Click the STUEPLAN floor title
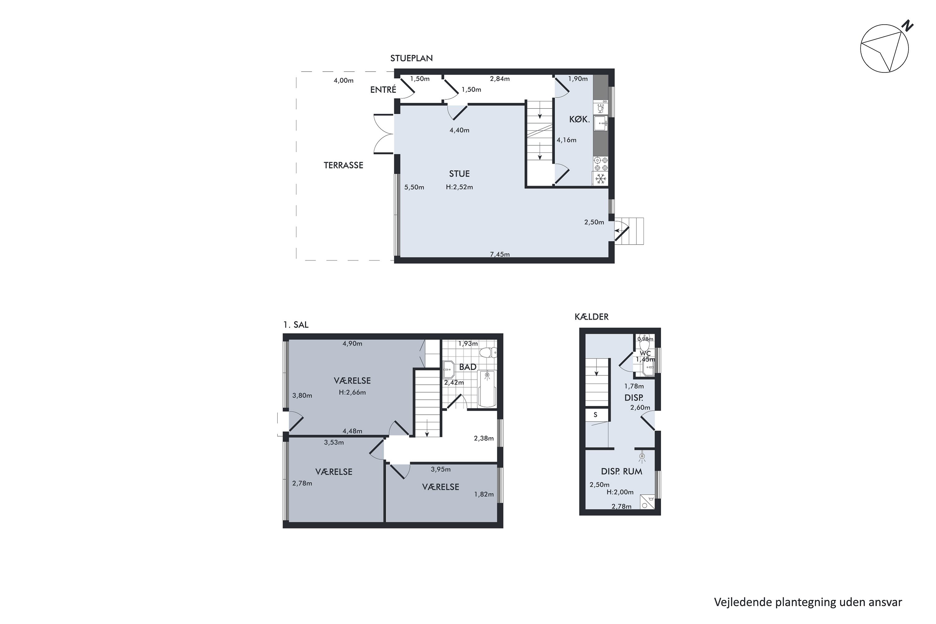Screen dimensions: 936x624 pos(411,58)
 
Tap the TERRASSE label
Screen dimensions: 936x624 pos(344,165)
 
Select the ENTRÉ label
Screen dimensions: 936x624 pos(383,90)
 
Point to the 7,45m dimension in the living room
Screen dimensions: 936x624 pos(500,254)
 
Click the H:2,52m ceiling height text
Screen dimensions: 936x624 pos(459,187)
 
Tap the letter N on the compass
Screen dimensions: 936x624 pos(907,26)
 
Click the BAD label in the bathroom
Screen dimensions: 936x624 pos(468,367)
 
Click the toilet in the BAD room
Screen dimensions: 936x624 pos(488,353)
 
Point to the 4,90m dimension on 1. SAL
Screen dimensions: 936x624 pos(352,344)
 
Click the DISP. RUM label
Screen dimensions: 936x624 pos(622,471)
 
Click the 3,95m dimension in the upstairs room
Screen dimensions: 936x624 pos(441,469)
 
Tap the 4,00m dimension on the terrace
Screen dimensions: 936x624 pos(344,80)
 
